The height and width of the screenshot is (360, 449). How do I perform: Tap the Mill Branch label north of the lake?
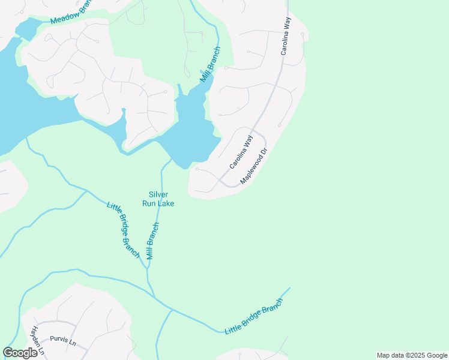pos(210,64)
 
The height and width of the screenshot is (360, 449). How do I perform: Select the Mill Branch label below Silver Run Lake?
pos(152,241)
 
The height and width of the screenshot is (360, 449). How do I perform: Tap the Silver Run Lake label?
pos(158,199)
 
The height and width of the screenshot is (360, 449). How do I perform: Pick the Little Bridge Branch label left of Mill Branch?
pos(123,230)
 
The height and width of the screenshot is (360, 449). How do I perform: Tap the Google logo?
pos(20,353)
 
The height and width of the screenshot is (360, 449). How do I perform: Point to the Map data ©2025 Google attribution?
pos(411,355)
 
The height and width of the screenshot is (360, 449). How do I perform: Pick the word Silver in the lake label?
pos(158,194)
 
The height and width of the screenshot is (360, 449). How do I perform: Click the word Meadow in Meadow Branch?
pos(62,17)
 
